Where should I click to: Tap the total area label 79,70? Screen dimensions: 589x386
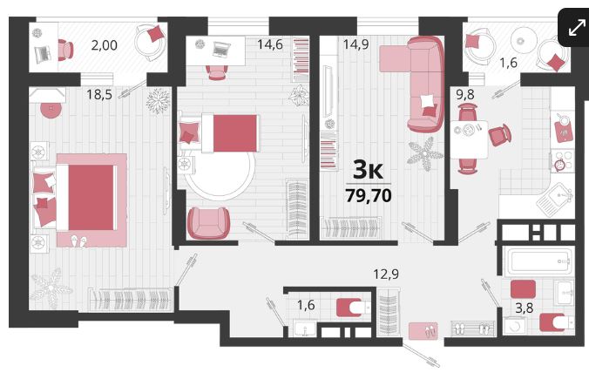pyautogui.click(x=369, y=195)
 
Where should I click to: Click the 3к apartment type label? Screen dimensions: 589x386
pyautogui.click(x=368, y=170)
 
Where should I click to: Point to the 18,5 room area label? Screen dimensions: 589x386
pyautogui.click(x=99, y=94)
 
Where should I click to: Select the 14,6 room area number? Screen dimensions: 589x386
pyautogui.click(x=270, y=44)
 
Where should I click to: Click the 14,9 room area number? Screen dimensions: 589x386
pyautogui.click(x=355, y=44)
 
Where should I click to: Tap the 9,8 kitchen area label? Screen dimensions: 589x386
pyautogui.click(x=465, y=95)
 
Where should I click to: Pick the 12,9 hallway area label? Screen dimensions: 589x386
pyautogui.click(x=386, y=274)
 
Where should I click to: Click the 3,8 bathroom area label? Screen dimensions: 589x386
pyautogui.click(x=524, y=308)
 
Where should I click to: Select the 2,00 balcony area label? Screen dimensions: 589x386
pyautogui.click(x=104, y=45)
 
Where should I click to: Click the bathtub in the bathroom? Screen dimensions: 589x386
pyautogui.click(x=540, y=261)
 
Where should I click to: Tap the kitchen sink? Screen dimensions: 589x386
pyautogui.click(x=556, y=200)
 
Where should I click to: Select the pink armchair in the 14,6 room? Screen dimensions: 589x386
pyautogui.click(x=208, y=223)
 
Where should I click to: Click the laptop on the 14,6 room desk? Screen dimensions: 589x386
pyautogui.click(x=221, y=49)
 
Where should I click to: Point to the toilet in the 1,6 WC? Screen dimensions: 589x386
pyautogui.click(x=354, y=308)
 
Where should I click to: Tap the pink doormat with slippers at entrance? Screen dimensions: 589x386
pyautogui.click(x=423, y=331)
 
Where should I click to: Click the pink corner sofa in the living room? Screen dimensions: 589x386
pyautogui.click(x=417, y=83)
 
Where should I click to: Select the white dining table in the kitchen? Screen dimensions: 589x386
pyautogui.click(x=469, y=139)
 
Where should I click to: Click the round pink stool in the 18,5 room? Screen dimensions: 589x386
pyautogui.click(x=51, y=110)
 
